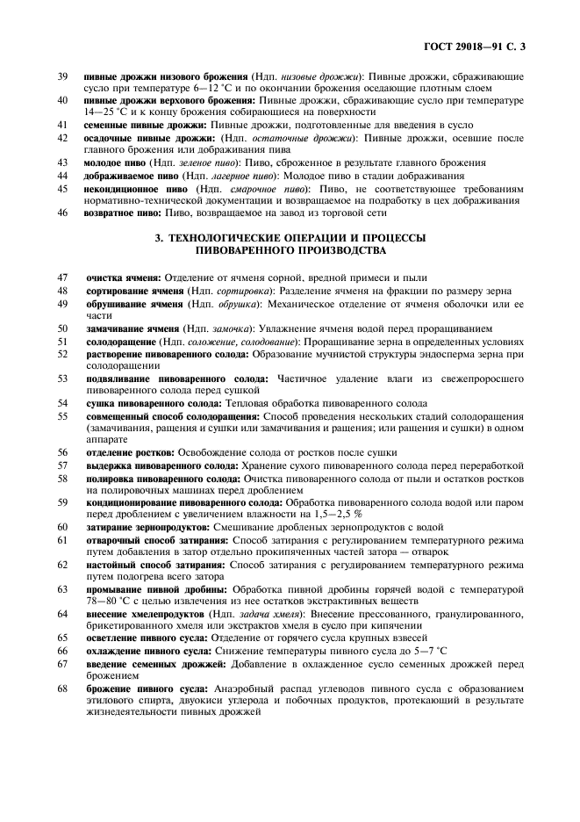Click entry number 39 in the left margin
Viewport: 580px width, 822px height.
click(x=62, y=77)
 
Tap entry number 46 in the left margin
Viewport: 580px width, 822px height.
click(x=62, y=213)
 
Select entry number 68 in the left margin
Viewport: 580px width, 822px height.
click(x=62, y=689)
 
